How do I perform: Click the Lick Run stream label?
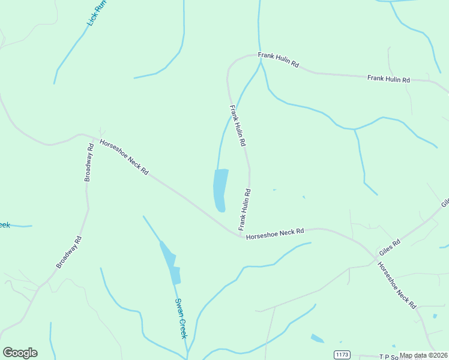click(x=97, y=11)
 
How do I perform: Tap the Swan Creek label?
click(x=180, y=318)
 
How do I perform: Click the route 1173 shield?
click(x=342, y=355)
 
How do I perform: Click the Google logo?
click(x=20, y=352)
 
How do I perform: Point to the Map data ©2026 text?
click(x=424, y=355)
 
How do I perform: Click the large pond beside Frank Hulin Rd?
click(x=220, y=188)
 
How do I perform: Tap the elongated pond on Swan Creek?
click(x=170, y=262)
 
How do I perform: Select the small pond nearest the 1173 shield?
click(x=317, y=338)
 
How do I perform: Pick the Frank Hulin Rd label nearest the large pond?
click(x=244, y=209)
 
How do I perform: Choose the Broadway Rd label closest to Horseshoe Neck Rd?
click(x=89, y=163)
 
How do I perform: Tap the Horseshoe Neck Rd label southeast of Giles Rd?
click(x=397, y=285)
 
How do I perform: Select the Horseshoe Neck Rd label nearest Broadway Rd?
click(x=124, y=157)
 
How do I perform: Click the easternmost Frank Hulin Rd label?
click(x=388, y=79)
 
